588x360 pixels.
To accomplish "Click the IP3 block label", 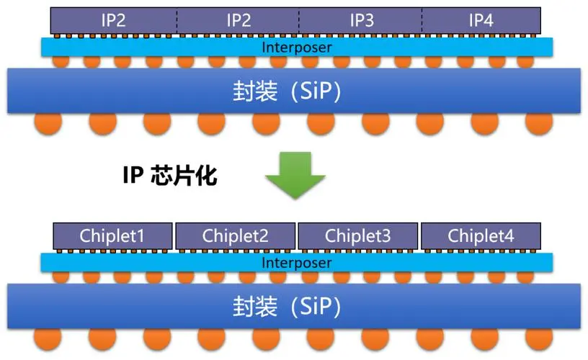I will click(361, 20).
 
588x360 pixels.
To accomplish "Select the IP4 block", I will click(481, 20).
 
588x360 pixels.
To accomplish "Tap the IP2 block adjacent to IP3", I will click(238, 20).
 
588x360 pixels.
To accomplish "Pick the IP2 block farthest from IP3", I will click(114, 20).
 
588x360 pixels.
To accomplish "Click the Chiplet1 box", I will click(113, 235).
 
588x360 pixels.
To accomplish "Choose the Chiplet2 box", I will click(236, 235).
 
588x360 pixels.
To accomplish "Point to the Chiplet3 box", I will click(358, 235).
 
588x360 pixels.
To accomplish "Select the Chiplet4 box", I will click(481, 235).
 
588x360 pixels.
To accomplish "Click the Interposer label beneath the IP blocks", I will click(296, 48).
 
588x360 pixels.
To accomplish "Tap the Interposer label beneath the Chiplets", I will click(296, 263).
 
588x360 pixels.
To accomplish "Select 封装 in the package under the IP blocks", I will click(254, 91).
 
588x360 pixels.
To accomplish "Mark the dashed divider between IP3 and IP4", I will click(421, 20).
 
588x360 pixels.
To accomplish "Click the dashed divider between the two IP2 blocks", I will click(177, 20).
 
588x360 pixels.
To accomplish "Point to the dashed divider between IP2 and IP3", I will click(298, 20).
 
